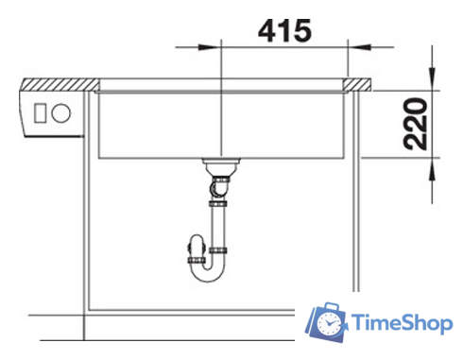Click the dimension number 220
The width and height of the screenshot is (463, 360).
pyautogui.click(x=417, y=123)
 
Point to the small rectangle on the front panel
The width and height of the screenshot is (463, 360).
pyautogui.click(x=41, y=111)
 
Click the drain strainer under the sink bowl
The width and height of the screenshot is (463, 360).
pyautogui.click(x=219, y=165)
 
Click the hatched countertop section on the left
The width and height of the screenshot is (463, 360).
pyautogui.click(x=57, y=84)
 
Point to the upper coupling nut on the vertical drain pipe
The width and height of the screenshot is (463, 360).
pyautogui.click(x=219, y=200)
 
